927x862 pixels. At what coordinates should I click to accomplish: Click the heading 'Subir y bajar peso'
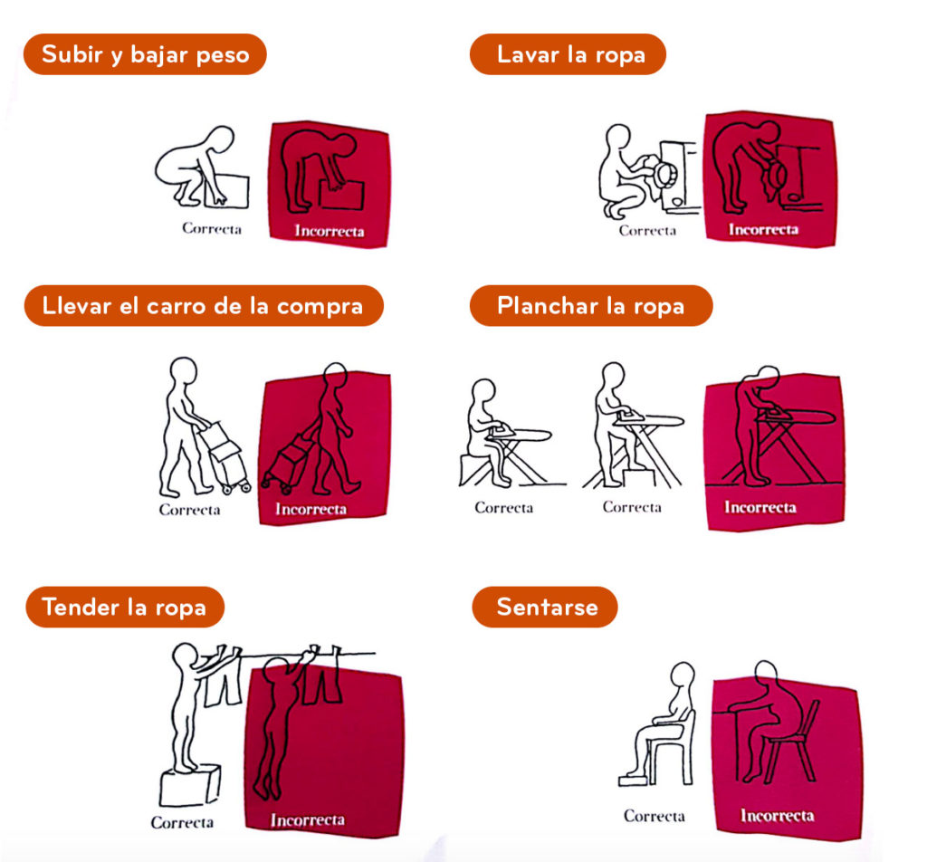(x=146, y=54)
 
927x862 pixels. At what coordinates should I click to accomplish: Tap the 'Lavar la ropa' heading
(x=570, y=54)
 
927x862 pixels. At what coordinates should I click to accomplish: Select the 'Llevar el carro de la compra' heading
(x=202, y=306)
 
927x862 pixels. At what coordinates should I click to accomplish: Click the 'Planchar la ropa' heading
(x=590, y=306)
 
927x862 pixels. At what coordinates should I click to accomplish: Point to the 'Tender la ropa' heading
(x=123, y=608)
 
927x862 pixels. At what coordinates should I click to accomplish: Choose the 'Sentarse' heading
(x=547, y=608)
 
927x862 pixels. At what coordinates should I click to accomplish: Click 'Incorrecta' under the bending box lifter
(x=330, y=231)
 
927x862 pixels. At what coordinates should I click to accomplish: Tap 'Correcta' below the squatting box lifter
(x=212, y=228)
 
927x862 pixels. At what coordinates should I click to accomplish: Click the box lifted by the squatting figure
(x=227, y=190)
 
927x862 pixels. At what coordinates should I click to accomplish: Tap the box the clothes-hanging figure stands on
(x=190, y=786)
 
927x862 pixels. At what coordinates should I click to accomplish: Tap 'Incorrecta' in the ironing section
(x=760, y=507)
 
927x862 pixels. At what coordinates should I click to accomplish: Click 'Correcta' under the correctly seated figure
(x=654, y=817)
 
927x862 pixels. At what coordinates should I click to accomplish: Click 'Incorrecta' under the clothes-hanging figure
(x=308, y=820)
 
